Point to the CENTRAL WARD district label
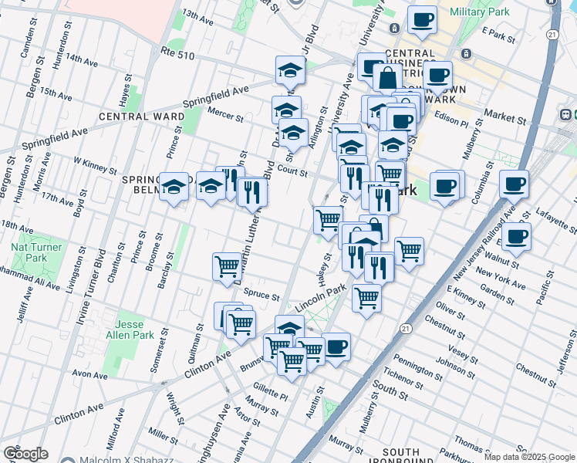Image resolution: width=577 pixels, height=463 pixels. (141, 117)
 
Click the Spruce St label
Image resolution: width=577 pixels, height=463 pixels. (260, 294)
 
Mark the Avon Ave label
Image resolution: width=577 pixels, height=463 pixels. (89, 375)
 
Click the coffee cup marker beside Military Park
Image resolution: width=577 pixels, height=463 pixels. (421, 20)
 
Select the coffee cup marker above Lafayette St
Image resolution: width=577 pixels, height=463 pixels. (514, 184)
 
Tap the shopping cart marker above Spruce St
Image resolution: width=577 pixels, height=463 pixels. (228, 266)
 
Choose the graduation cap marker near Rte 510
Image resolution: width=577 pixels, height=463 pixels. (290, 69)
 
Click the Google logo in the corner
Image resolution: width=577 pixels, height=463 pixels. (25, 454)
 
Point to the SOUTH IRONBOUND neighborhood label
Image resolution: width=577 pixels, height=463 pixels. (401, 458)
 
